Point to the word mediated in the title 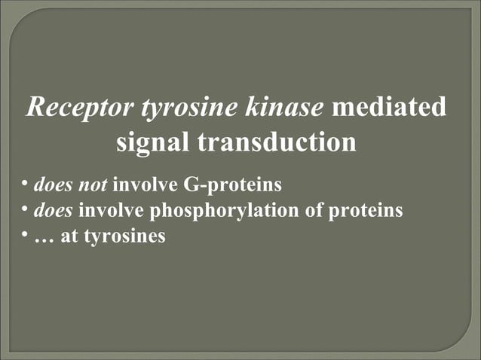[388, 107]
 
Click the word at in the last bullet [69, 236]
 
